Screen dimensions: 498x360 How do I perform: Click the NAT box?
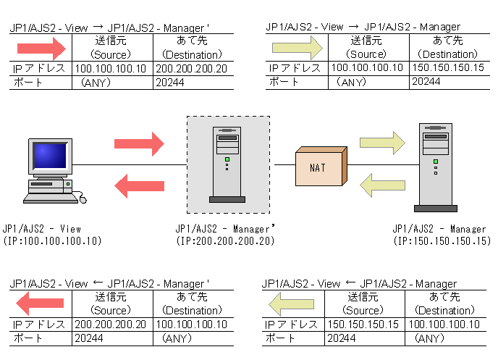(x=321, y=166)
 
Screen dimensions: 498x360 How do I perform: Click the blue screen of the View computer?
(x=50, y=156)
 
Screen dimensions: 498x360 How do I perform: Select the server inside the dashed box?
(x=227, y=164)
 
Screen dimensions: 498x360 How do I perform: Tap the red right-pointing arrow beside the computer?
(x=139, y=144)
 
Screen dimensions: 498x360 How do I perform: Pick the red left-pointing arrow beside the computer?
(x=139, y=186)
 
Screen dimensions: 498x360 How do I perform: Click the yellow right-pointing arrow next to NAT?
(x=382, y=143)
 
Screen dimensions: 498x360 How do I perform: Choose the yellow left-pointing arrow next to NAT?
(x=382, y=185)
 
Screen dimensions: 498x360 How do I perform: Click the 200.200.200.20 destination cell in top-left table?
(x=192, y=69)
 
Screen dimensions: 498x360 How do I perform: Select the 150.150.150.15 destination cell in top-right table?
(x=448, y=67)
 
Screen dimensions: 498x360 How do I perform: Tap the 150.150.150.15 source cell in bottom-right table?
(x=363, y=324)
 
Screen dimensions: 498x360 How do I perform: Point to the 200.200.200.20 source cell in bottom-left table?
(x=110, y=324)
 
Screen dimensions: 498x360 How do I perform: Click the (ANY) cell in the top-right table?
(x=351, y=82)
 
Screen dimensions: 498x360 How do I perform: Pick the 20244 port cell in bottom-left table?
(x=89, y=338)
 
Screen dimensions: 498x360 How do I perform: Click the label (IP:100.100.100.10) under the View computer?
(x=52, y=240)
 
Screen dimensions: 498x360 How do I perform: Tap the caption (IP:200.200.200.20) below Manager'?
(x=225, y=240)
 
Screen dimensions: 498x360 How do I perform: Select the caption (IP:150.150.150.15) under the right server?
(x=442, y=240)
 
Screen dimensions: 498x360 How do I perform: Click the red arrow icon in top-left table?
(x=41, y=49)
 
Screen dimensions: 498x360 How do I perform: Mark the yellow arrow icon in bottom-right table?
(x=291, y=304)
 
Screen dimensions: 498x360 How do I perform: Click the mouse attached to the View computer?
(x=83, y=199)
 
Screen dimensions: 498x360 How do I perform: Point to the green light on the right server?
(x=436, y=162)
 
